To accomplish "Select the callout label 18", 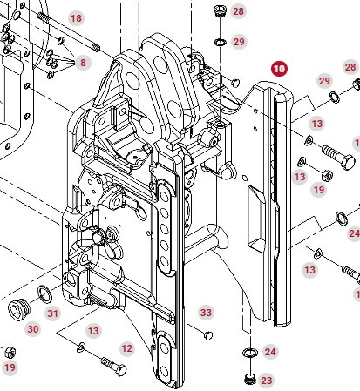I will click(x=76, y=18).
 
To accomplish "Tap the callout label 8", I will click(x=83, y=63).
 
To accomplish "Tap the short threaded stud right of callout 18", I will click(x=96, y=46).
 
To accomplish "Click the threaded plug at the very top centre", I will click(x=220, y=11).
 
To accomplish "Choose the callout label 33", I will click(x=206, y=312).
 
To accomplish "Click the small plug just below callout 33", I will click(x=207, y=334).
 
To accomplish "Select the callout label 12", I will click(x=126, y=348).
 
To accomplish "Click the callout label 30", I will click(x=33, y=329).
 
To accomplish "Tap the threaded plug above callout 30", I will click(x=17, y=308).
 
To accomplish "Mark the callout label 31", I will click(x=52, y=313).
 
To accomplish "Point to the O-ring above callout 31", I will click(x=44, y=291).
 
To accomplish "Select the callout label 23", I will click(x=266, y=381).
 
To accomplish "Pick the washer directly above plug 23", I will click(x=248, y=353).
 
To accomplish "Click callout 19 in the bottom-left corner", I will click(x=10, y=368).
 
